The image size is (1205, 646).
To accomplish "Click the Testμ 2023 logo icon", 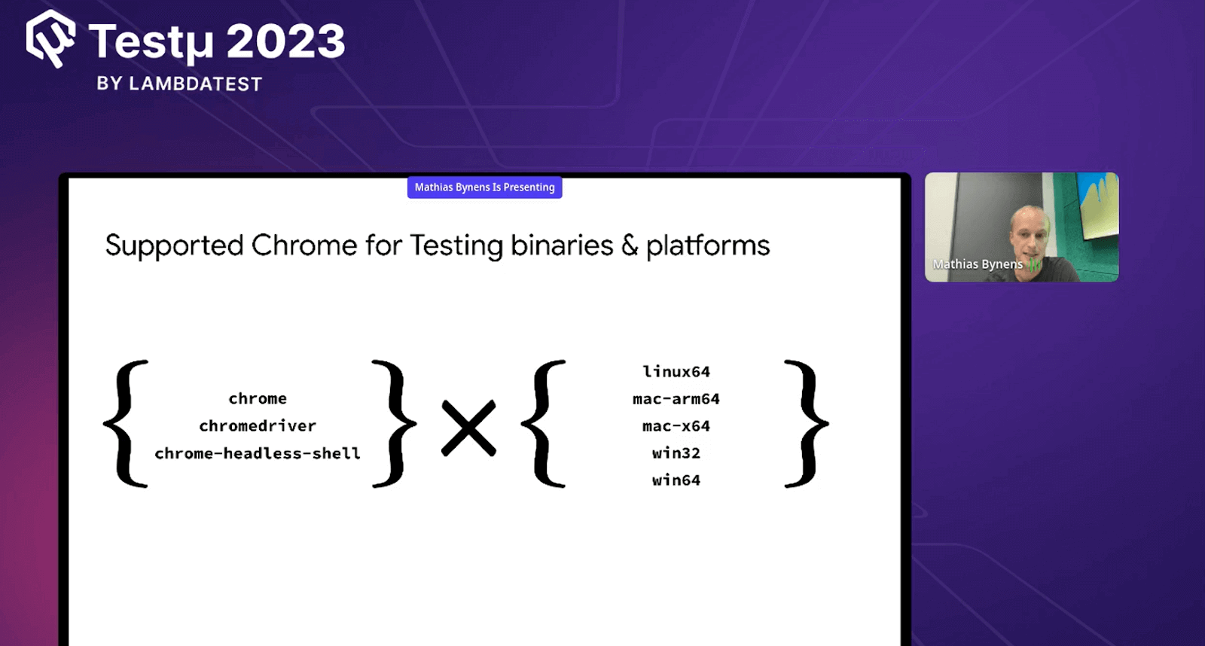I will (50, 38).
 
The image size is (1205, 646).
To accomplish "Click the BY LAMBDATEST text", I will (179, 84).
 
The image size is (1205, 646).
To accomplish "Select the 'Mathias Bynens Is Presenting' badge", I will (484, 187).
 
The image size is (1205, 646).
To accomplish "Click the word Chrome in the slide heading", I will (304, 245).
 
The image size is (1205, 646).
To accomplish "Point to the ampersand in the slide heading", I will (630, 245).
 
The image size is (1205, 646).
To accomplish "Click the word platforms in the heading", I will (708, 246).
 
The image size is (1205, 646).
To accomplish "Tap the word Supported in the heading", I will (174, 246).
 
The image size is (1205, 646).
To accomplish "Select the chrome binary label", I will (258, 398).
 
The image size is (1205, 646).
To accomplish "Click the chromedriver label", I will (258, 426).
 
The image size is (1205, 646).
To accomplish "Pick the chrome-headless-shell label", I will (258, 453).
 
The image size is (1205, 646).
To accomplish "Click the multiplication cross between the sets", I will (468, 428).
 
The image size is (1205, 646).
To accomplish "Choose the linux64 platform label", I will (676, 372).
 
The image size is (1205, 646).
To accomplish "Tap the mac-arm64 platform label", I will (676, 399).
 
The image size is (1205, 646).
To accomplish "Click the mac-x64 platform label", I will (676, 426).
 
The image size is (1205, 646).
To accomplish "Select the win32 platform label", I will (676, 453).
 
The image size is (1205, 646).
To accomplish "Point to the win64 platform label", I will (676, 480).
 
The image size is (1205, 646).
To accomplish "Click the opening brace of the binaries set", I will (126, 424).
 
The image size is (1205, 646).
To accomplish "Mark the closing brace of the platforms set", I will (806, 424).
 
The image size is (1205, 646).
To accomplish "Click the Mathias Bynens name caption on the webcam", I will (978, 264).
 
